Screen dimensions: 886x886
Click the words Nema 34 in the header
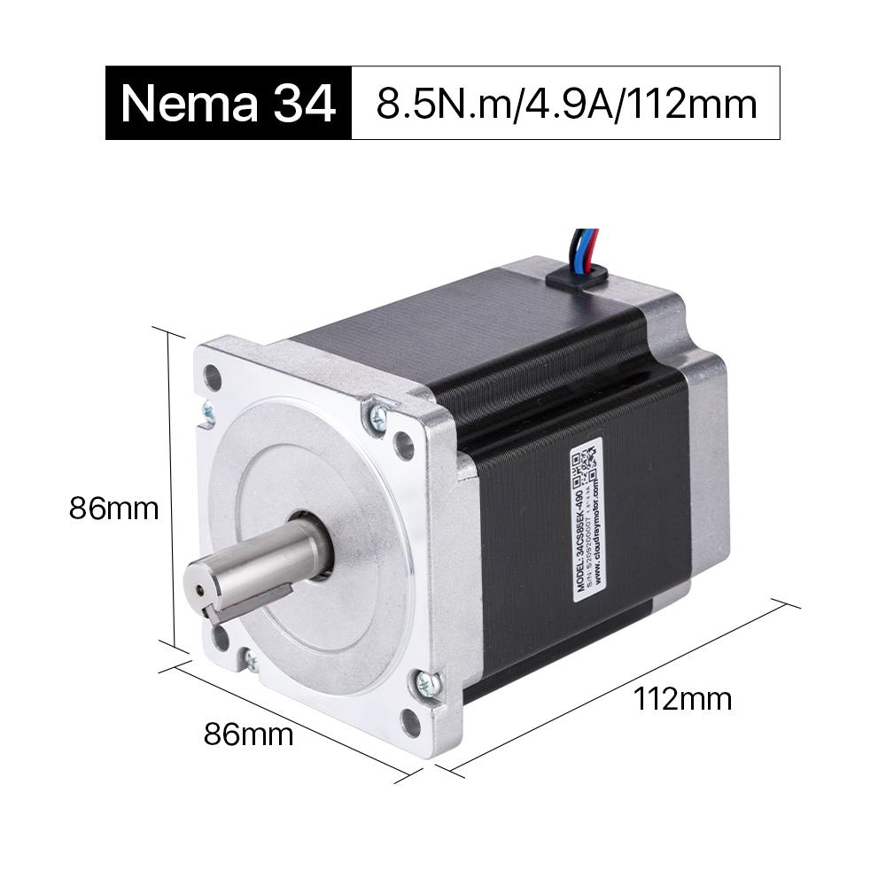(x=229, y=104)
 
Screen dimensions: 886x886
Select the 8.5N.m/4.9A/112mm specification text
(x=566, y=104)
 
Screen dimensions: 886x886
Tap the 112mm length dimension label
(x=683, y=699)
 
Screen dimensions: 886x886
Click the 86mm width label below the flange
(x=248, y=734)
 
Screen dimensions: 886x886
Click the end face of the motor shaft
(x=203, y=587)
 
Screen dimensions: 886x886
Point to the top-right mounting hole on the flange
(x=404, y=445)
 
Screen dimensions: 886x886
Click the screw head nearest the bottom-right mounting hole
(x=428, y=682)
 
